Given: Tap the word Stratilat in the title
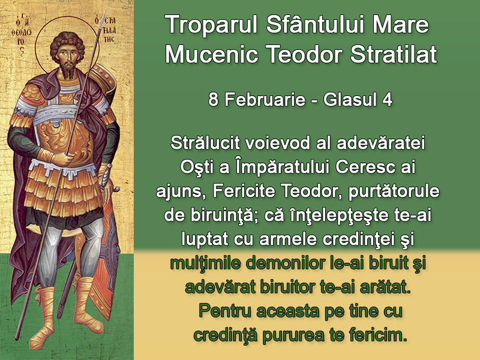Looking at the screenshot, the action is coord(394,54).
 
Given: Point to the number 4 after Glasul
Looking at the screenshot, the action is coord(388,100).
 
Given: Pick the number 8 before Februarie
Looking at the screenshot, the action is coord(213,100).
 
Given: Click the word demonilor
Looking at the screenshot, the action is coord(281,263).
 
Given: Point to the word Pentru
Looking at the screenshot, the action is coord(224,311).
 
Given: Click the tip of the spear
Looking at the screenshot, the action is coord(104,13).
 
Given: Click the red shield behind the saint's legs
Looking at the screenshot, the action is coord(106,260).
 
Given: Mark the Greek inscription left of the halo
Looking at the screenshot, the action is coord(20,34).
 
